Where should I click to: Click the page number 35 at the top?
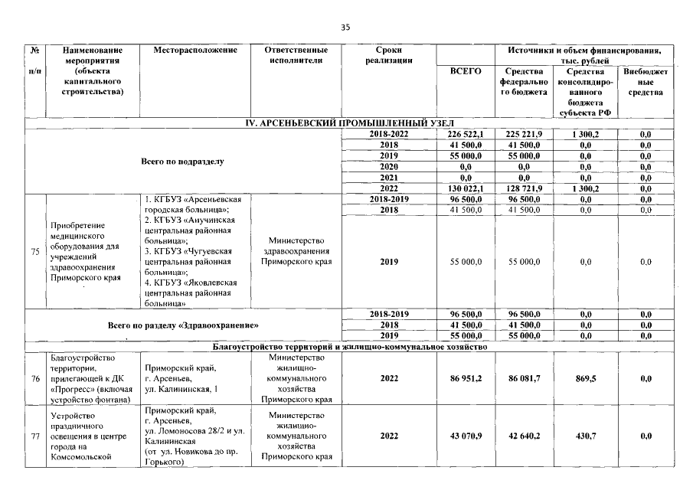point(345,28)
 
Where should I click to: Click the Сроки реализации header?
point(388,55)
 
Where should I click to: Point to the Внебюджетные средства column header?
point(645,81)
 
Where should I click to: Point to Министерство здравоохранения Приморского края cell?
point(296,250)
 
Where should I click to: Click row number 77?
point(36,436)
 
